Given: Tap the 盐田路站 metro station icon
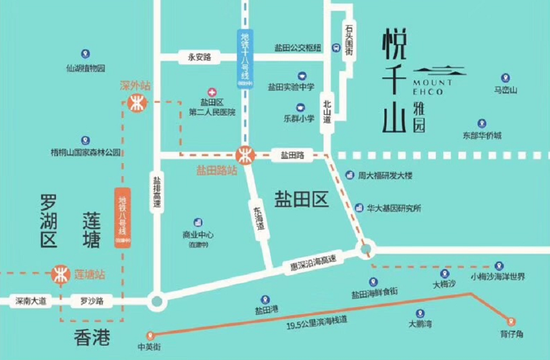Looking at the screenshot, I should (243, 155).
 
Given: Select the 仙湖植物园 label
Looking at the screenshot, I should (86, 68).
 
